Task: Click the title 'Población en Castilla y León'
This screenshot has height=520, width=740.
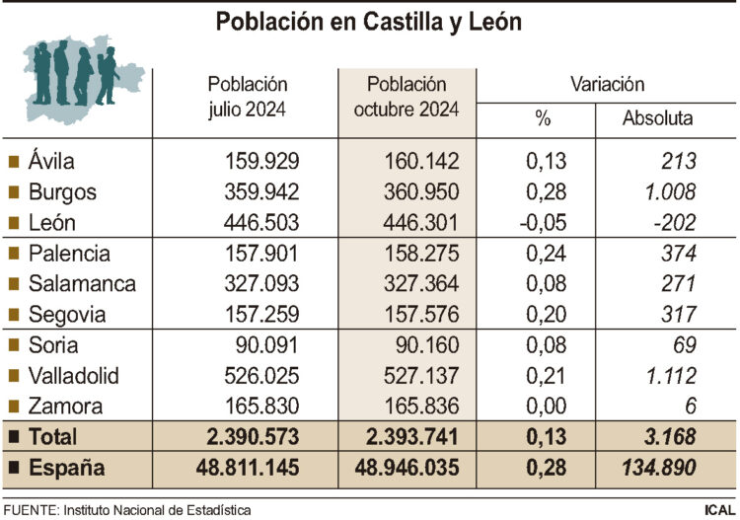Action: click(369, 21)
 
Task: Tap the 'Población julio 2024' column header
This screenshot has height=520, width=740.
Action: click(248, 97)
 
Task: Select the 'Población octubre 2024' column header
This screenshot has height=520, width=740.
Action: click(407, 97)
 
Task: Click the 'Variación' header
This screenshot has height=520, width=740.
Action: click(607, 85)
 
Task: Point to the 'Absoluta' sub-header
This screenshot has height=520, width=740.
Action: click(657, 119)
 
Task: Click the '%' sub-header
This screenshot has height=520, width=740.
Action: click(542, 119)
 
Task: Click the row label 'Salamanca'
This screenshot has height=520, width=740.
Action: click(82, 284)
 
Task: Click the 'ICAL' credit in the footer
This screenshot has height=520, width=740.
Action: click(716, 510)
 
